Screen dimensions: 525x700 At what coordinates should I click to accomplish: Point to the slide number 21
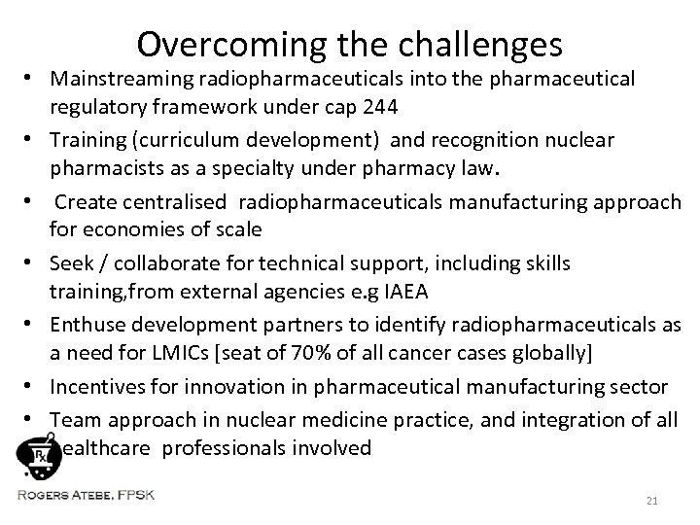(x=652, y=500)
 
